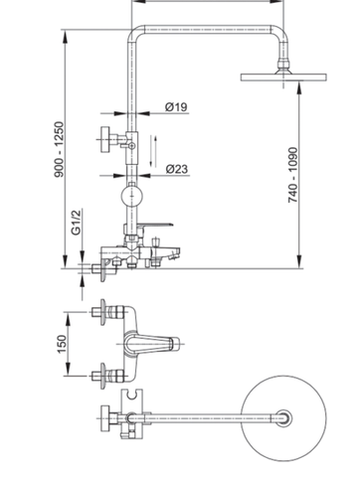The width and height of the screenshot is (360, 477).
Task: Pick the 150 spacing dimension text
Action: coord(62,343)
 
